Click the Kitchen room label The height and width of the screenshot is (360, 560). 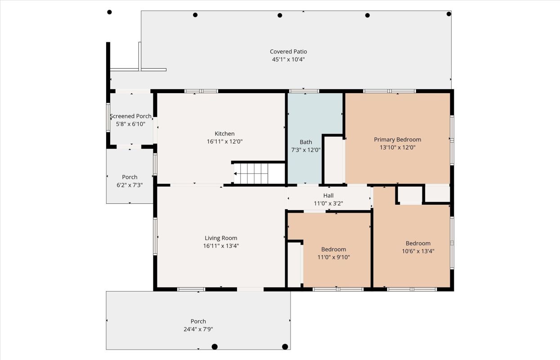224,134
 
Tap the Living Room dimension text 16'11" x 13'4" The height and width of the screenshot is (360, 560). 221,246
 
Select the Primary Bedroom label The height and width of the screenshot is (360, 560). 397,139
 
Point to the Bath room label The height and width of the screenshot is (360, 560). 306,142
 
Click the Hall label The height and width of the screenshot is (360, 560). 328,195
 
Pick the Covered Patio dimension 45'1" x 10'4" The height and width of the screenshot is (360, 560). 288,59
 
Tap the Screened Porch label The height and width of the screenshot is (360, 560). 130,116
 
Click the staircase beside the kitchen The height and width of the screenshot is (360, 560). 259,173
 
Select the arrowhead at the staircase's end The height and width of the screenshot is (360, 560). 235,173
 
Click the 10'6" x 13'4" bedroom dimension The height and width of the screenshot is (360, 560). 418,251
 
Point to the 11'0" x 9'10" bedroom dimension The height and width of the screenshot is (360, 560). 333,257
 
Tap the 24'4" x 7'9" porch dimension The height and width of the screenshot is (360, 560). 198,329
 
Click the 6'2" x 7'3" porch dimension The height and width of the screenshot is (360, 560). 130,185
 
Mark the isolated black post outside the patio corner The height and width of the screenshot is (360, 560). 109,12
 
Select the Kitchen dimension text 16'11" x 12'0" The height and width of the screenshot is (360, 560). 224,142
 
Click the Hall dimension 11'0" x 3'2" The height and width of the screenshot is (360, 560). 328,203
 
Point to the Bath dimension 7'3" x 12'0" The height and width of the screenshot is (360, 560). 306,150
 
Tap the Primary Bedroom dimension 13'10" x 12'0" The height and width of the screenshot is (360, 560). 397,148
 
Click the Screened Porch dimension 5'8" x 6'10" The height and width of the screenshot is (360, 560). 130,124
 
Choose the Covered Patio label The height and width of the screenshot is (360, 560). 288,52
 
